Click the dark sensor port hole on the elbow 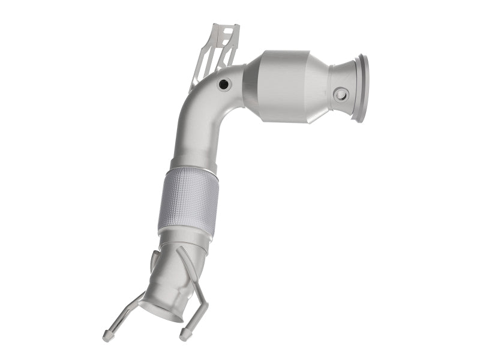224,85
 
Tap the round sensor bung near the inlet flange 341,94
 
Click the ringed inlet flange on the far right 362,88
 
